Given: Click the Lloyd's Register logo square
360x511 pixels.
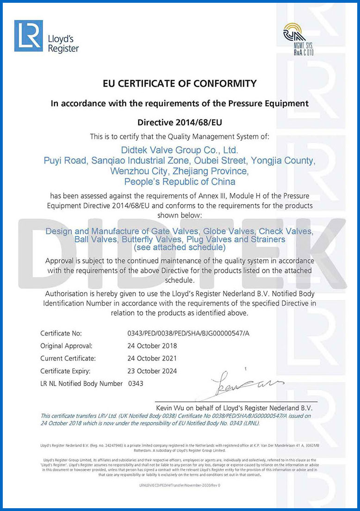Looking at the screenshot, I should [x=28, y=36].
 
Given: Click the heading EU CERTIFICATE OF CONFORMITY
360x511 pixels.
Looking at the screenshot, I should [x=179, y=84].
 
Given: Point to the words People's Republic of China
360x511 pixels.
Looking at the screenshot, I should [x=180, y=181].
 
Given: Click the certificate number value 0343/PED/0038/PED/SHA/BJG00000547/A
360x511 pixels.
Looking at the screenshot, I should [x=191, y=333].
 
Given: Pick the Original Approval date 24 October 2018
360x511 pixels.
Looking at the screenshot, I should [x=152, y=346].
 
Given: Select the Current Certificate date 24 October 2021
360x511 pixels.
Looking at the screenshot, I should [x=152, y=358].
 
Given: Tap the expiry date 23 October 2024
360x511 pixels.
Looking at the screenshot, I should [x=152, y=371].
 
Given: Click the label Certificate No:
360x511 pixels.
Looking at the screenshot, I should [x=61, y=333].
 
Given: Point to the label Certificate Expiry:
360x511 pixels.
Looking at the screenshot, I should [x=65, y=371].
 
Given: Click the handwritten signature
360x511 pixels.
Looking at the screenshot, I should [x=245, y=384].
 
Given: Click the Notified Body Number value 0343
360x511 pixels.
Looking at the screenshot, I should [x=136, y=384].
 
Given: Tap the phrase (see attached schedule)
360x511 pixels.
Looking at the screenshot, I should [x=180, y=248].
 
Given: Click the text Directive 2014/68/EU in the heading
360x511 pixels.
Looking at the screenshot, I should [x=179, y=123].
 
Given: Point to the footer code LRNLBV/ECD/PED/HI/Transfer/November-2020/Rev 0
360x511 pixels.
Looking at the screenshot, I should [x=180, y=485].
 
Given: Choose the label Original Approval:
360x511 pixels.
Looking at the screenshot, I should [x=66, y=346].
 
